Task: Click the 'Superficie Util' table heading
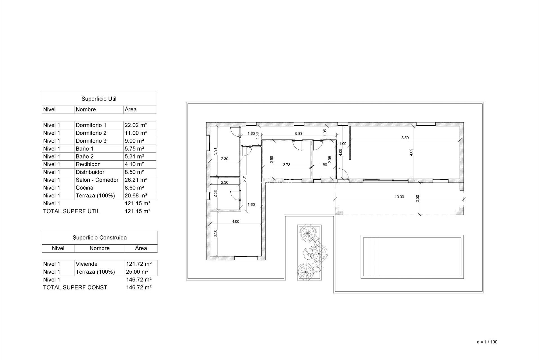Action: click(99, 99)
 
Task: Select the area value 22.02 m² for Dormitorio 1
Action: click(136, 125)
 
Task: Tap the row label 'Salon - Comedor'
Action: click(97, 180)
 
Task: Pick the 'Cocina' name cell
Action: click(84, 188)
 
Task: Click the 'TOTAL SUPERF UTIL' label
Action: click(71, 211)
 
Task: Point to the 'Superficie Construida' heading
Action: click(100, 238)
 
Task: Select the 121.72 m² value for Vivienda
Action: click(139, 264)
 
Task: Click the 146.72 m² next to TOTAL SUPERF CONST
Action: click(139, 287)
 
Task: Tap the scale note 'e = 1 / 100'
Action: click(487, 342)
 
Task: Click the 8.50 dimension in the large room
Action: click(405, 138)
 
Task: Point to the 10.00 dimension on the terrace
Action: click(399, 197)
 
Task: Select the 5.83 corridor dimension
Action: click(299, 134)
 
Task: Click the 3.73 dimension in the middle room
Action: click(286, 165)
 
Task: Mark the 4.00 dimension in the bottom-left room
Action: click(235, 222)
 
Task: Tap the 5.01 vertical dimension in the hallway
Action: click(244, 179)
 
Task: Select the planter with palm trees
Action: click(309, 252)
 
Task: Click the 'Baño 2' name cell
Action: click(84, 157)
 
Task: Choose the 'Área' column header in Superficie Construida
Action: click(141, 248)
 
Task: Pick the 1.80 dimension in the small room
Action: click(323, 165)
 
